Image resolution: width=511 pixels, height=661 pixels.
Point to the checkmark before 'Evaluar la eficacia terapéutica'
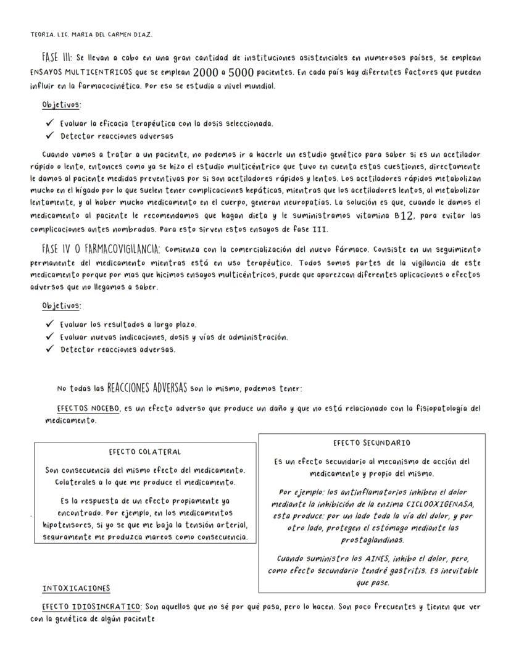click(x=49, y=123)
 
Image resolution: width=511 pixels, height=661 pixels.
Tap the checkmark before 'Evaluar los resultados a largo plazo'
click(x=49, y=324)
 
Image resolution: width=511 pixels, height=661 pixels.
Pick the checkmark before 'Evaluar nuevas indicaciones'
click(x=49, y=337)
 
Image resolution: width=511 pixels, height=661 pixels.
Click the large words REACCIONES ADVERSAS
click(x=147, y=388)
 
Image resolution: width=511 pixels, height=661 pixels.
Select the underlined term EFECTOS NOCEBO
click(x=88, y=409)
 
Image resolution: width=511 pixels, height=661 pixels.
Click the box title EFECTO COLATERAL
click(x=146, y=452)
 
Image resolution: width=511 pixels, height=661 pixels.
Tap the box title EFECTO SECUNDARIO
click(x=372, y=443)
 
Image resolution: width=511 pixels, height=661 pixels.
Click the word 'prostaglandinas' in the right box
click(x=372, y=539)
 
